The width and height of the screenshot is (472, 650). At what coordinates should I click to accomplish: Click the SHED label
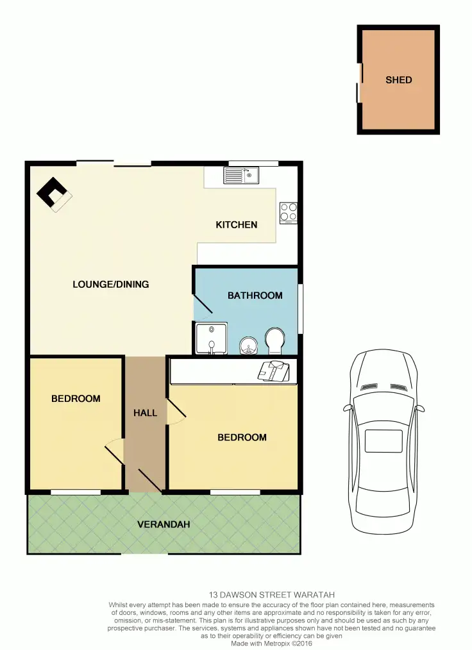coord(398,80)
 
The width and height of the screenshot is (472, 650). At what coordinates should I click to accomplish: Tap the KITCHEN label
coord(236,224)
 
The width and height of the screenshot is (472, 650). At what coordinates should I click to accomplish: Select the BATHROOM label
coord(255,296)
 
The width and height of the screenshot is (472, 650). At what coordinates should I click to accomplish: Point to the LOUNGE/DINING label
coord(110,284)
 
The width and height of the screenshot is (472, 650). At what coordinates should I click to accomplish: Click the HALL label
coord(145,413)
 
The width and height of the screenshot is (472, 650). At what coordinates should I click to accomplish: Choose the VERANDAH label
coord(164,524)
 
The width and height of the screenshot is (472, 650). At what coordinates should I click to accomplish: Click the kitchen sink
coord(240,174)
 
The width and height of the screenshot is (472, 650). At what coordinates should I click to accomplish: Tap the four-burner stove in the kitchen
coord(288,212)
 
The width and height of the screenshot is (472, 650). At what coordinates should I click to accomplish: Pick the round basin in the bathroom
coord(247,346)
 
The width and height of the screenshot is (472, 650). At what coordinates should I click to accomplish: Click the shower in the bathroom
coord(210,338)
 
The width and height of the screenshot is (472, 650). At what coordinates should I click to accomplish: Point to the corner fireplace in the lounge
coord(53,194)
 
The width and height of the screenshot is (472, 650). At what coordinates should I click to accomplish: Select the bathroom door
coord(203,306)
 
